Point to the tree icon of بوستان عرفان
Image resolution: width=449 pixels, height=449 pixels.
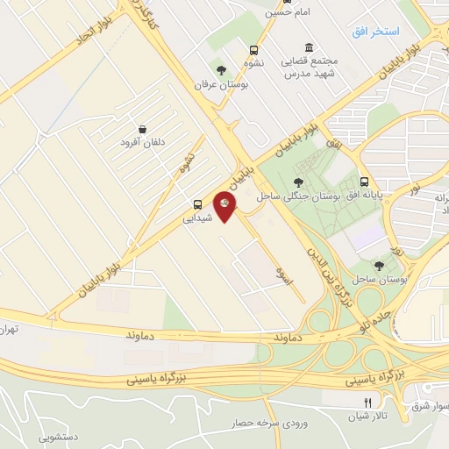click(x=220, y=69)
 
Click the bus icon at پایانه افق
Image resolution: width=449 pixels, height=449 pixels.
click(x=363, y=182)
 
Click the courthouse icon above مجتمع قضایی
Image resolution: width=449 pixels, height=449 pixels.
click(x=307, y=48)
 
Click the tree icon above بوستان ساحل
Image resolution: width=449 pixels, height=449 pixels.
click(x=379, y=264)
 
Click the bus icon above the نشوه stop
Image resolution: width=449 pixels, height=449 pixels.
click(x=254, y=50)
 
